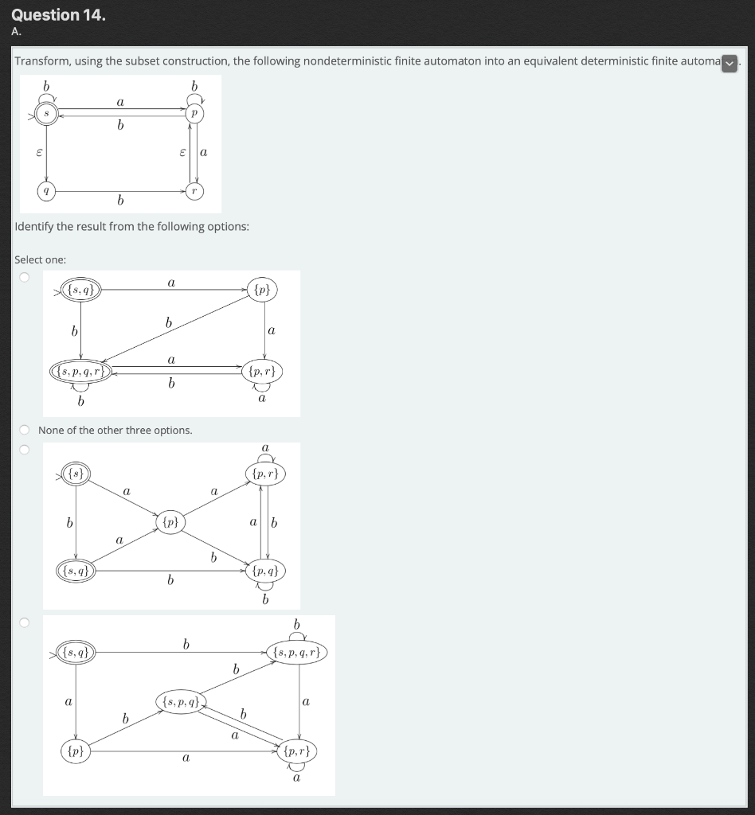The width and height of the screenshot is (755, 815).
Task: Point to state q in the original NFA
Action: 46,191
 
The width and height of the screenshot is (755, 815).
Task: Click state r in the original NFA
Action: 192,191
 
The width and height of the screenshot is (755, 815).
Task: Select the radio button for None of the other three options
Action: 25,431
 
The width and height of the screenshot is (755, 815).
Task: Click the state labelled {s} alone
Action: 76,474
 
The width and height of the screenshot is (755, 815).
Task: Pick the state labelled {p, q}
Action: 264,571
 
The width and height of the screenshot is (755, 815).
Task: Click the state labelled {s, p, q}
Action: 181,702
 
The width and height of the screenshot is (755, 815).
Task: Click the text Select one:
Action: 41,259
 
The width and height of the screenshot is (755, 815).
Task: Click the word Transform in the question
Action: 43,61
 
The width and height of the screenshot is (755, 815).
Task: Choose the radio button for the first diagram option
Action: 25,277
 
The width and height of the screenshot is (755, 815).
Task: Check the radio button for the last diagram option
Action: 25,622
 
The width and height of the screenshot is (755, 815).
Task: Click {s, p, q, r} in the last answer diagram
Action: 298,653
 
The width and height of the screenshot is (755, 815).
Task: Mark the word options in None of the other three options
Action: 172,431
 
